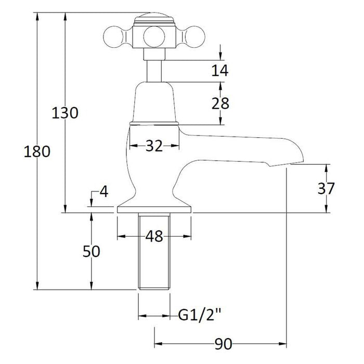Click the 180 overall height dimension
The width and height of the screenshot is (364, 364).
[37, 152]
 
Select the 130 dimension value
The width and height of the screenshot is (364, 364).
[65, 113]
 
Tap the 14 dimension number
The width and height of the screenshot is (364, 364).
[220, 70]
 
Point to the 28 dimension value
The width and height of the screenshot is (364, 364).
[220, 103]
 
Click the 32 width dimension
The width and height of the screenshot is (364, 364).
[154, 146]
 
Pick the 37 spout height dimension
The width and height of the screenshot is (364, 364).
[326, 188]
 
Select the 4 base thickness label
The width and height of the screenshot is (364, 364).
[104, 192]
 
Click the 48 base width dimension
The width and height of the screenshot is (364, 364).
[154, 236]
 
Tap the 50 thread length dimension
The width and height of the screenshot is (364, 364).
[92, 251]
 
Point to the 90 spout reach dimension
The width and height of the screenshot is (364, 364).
[223, 344]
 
